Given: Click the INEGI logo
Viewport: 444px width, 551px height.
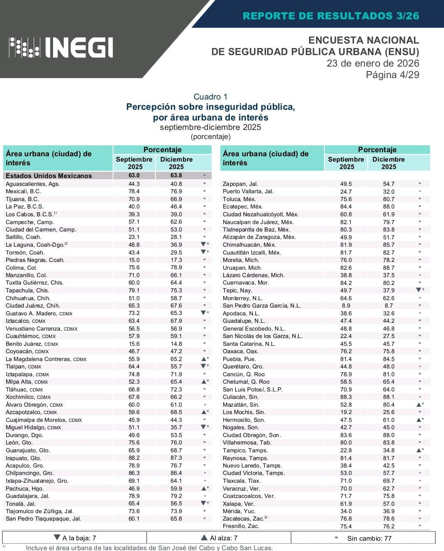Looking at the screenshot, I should [61, 47].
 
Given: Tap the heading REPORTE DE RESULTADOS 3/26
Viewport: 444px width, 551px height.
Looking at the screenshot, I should [331, 16].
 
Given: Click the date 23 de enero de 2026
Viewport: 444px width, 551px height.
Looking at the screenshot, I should [372, 63].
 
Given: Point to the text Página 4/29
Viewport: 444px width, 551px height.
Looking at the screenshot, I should [392, 75].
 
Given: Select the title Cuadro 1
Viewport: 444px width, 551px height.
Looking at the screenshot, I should [210, 97].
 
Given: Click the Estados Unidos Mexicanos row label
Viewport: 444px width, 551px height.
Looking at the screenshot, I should [49, 176].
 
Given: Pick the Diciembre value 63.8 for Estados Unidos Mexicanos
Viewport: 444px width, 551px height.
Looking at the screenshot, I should [176, 175].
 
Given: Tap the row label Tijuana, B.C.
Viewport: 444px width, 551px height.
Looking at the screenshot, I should [22, 199].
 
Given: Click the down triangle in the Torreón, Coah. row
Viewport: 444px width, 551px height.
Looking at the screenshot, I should [203, 252].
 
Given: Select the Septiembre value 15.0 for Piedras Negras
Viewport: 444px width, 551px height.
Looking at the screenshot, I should [134, 260].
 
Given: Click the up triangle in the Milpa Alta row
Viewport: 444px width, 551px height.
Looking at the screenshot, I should [203, 382].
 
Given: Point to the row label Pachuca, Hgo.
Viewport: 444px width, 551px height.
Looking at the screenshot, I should [25, 488].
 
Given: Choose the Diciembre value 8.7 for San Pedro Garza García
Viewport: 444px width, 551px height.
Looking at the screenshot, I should [388, 306].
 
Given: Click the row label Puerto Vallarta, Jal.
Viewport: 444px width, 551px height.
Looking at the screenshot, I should [248, 191].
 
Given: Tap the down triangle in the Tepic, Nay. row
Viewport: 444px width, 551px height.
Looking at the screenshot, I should [419, 290].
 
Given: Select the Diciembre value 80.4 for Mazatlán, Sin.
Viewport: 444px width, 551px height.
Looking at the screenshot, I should [388, 405].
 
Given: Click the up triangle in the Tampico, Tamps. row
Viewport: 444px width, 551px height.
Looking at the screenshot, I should [419, 450].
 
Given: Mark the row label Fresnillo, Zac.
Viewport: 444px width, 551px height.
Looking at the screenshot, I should [241, 526].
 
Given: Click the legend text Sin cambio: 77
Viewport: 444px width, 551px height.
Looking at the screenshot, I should [369, 538].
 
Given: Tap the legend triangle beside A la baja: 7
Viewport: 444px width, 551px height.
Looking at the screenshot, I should [57, 538].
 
